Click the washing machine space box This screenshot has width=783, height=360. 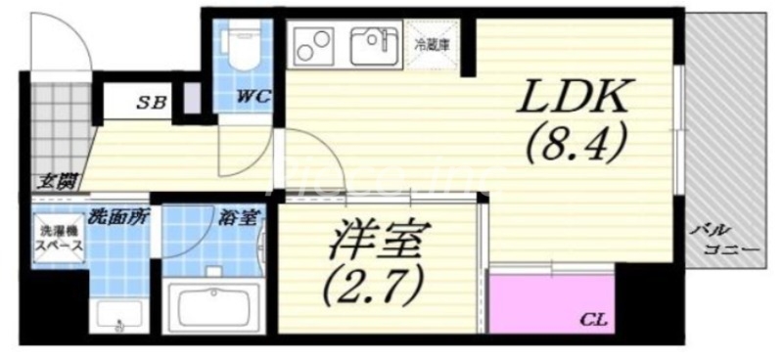59,241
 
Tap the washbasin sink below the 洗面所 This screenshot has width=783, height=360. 118,313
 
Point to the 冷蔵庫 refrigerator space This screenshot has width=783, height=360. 431,45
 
